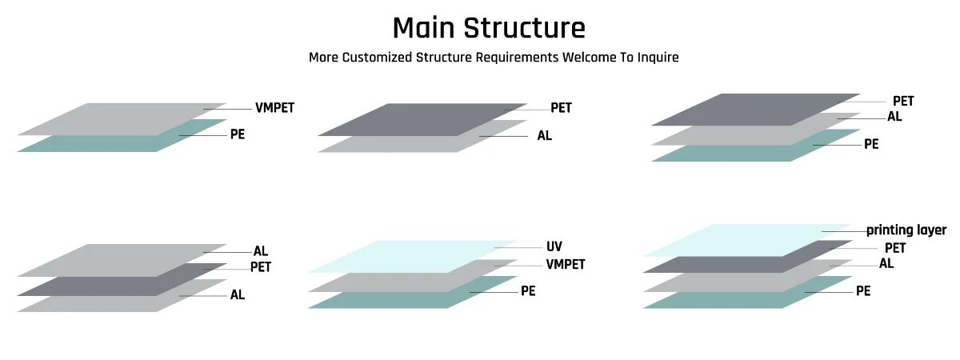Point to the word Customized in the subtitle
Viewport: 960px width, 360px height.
point(379,58)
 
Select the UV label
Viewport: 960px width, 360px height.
point(554,246)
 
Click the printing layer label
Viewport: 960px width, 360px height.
point(906,230)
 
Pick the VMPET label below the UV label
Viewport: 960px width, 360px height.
point(566,264)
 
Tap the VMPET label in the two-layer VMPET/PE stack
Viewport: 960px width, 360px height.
point(274,108)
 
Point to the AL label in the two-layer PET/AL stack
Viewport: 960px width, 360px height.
point(545,136)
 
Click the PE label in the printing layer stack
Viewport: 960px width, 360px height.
point(863,291)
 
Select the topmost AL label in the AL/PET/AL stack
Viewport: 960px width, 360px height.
point(261,251)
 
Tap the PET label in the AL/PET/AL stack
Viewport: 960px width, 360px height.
point(261,266)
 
